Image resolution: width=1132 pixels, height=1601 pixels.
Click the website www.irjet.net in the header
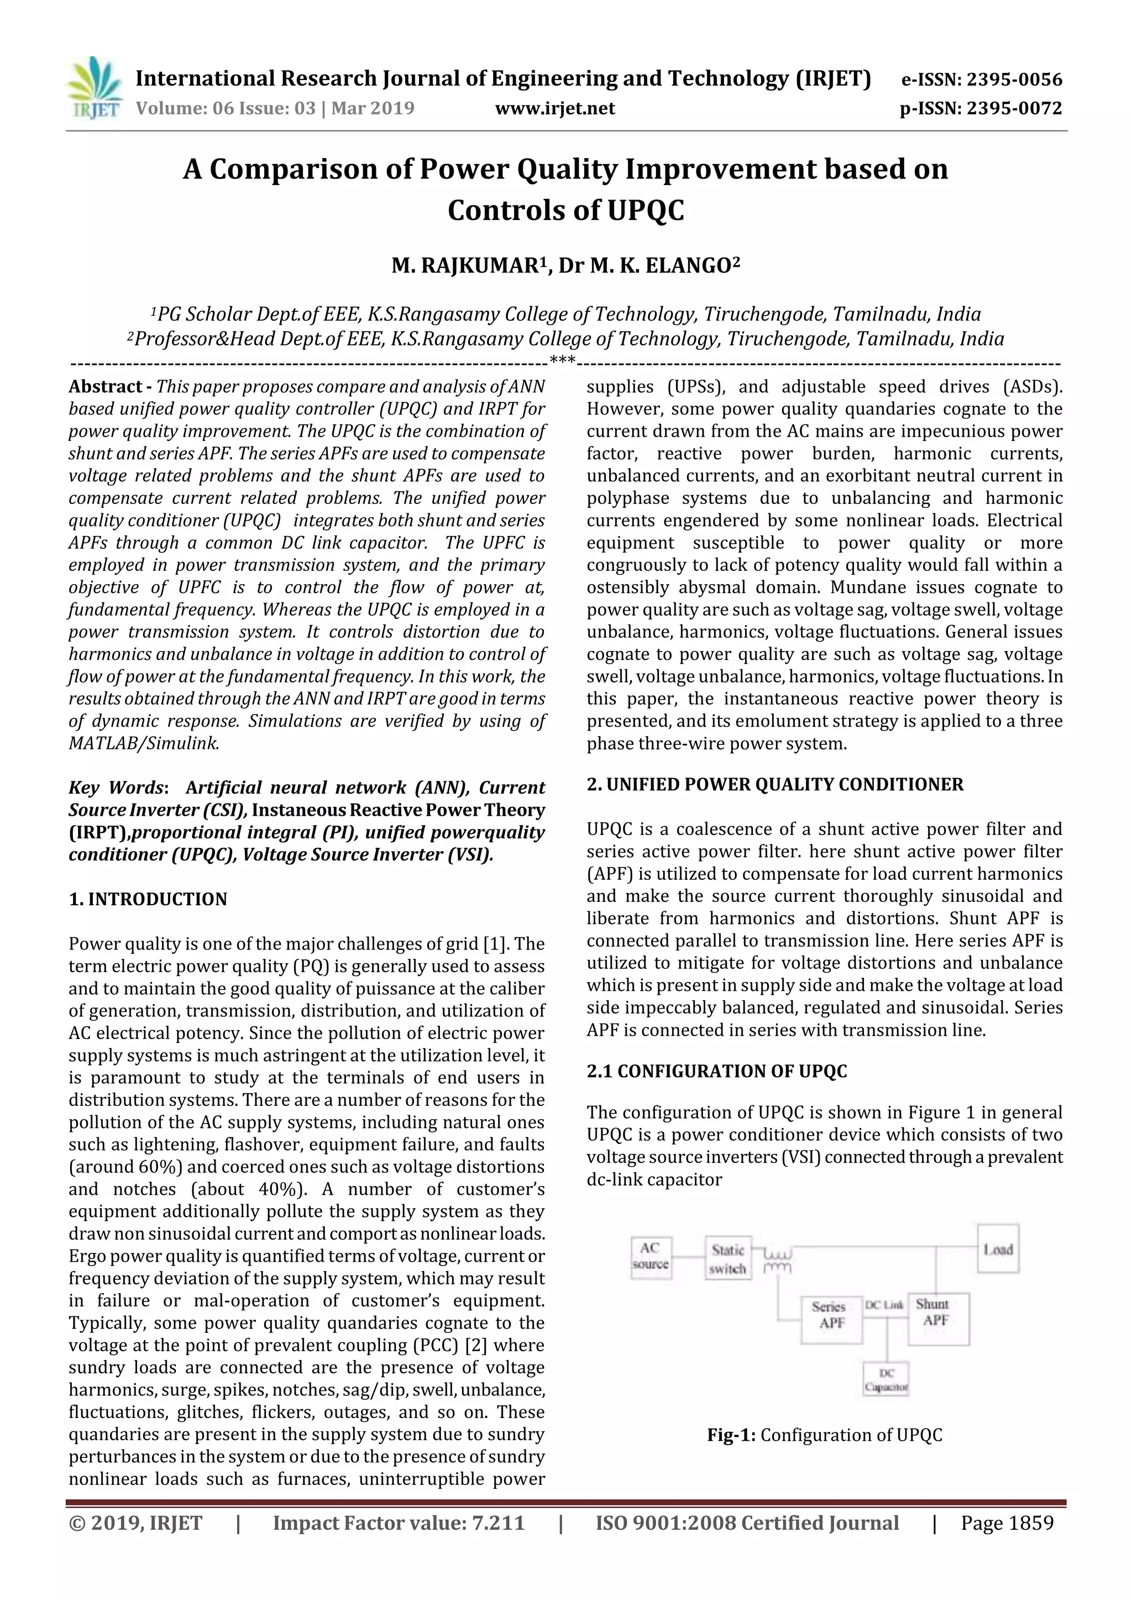click(554, 108)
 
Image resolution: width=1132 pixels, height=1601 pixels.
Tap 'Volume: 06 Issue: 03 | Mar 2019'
click(275, 108)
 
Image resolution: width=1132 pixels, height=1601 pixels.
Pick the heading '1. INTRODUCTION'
click(148, 899)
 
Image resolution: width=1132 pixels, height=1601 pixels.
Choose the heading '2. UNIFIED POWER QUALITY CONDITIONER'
click(774, 784)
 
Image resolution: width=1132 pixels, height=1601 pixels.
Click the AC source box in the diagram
click(650, 1257)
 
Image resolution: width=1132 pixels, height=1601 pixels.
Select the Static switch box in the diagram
click(727, 1258)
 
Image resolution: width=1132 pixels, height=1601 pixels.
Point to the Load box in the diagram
click(997, 1249)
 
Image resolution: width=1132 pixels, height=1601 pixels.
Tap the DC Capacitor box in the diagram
click(886, 1380)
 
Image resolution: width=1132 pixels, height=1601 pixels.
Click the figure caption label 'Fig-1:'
click(731, 1435)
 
